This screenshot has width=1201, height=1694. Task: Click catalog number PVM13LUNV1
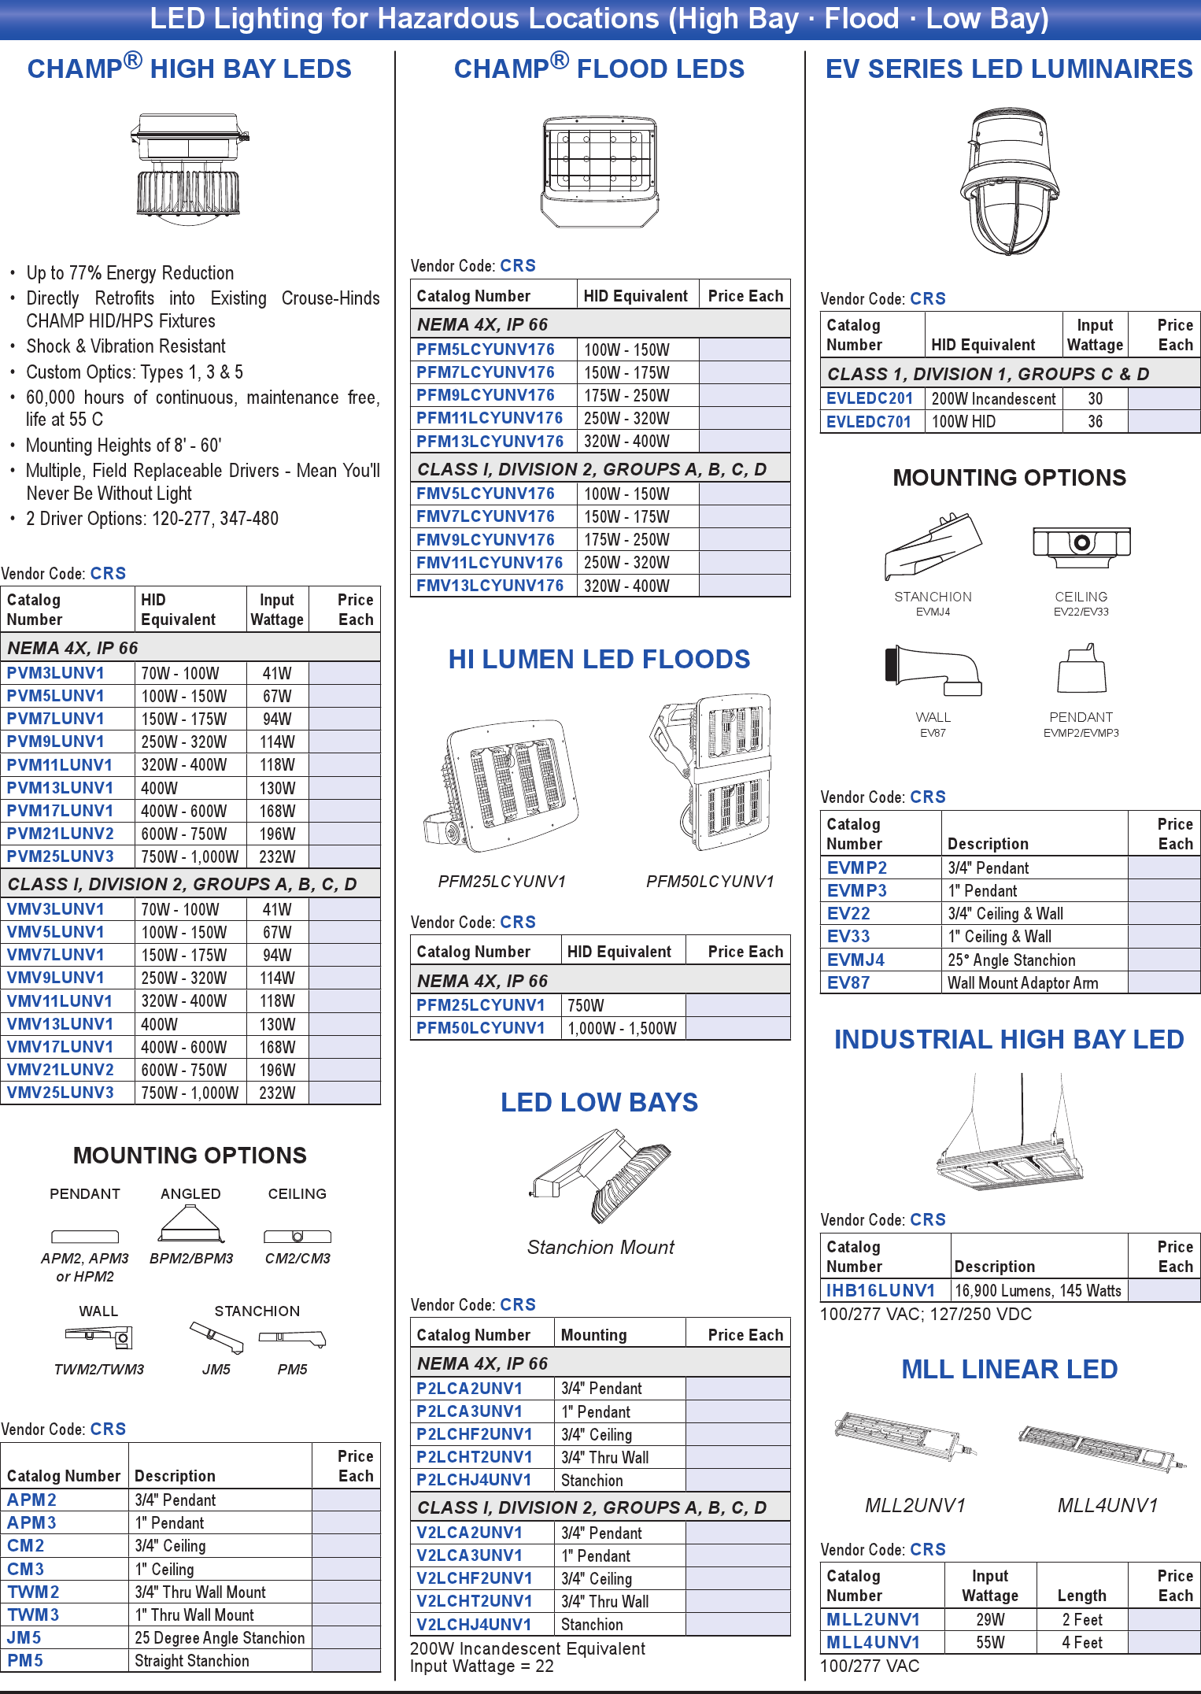(60, 788)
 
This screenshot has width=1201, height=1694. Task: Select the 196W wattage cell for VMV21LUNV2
(277, 1070)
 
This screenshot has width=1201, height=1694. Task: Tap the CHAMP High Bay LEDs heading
(189, 68)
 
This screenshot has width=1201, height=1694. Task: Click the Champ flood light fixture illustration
(599, 171)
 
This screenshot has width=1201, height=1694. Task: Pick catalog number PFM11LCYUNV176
(490, 418)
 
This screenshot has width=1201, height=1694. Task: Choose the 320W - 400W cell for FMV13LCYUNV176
(626, 586)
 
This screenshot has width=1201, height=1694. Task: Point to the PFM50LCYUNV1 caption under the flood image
(710, 881)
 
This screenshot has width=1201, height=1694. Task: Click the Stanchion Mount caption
(600, 1247)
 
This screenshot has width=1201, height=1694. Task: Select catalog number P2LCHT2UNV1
(474, 1457)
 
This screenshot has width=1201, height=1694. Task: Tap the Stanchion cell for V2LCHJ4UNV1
(592, 1624)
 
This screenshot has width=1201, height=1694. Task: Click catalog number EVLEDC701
(869, 422)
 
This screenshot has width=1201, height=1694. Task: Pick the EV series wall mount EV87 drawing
(933, 671)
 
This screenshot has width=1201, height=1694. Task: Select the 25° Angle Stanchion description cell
(1011, 960)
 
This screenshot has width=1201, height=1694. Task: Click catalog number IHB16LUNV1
(880, 1290)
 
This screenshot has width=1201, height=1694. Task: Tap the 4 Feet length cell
(1082, 1642)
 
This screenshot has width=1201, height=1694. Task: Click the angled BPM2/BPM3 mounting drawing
(191, 1224)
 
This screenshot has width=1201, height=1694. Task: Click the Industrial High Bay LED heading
(1009, 1039)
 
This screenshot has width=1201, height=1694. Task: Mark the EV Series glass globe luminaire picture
(1010, 182)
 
